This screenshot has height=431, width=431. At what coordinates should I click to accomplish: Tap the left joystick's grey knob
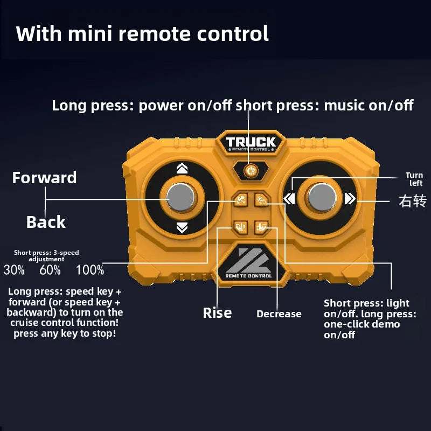click(x=182, y=198)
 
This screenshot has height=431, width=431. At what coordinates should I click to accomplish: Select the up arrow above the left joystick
click(x=182, y=169)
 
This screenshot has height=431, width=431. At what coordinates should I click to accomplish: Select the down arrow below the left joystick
click(x=182, y=228)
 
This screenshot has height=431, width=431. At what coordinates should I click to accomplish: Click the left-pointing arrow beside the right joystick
click(x=289, y=199)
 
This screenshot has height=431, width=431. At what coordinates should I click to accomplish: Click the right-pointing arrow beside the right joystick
click(x=350, y=199)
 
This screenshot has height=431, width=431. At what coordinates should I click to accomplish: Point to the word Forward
click(x=45, y=178)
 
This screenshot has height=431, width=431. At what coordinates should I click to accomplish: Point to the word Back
click(x=46, y=222)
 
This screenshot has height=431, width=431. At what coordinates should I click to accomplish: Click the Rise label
click(x=217, y=313)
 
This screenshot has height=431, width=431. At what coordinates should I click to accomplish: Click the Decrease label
click(x=279, y=314)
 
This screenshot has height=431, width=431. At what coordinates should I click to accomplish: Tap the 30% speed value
click(x=14, y=270)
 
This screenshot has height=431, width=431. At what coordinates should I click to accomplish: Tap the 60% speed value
click(x=50, y=270)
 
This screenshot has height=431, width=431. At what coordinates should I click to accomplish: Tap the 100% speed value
click(x=90, y=270)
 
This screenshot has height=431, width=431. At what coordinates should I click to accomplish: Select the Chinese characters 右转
click(x=412, y=201)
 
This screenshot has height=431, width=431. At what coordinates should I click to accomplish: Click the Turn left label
click(x=414, y=179)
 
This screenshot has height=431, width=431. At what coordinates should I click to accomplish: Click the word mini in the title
click(x=89, y=33)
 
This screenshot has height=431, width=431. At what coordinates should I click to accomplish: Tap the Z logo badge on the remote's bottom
click(x=248, y=264)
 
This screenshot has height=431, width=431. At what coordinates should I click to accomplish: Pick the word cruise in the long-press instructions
click(x=24, y=323)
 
